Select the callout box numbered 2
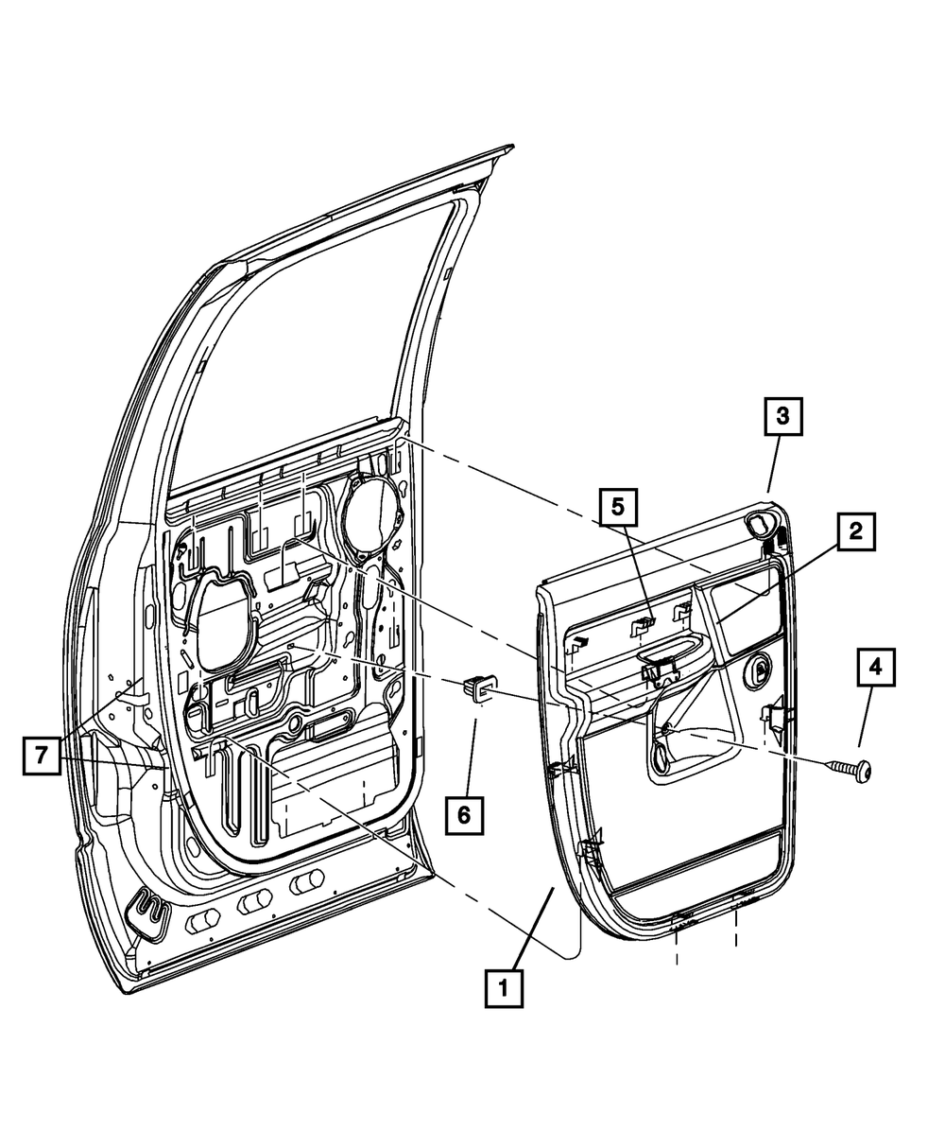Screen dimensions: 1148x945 854,532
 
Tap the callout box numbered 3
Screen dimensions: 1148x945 782,416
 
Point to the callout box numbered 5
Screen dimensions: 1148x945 617,507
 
